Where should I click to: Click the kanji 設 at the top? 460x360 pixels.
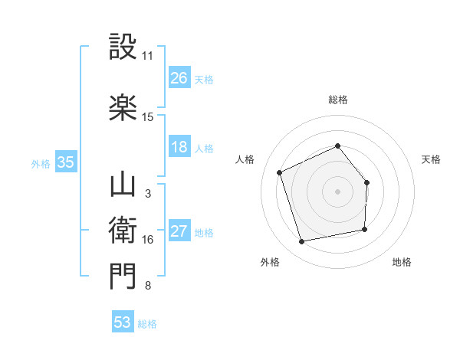[x=123, y=47]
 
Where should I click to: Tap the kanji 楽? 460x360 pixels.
[x=123, y=106]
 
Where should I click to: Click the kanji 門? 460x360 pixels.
[x=123, y=275]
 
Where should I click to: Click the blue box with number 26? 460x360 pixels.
[x=179, y=78]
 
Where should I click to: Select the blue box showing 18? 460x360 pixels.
[x=179, y=147]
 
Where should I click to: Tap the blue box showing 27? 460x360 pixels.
[x=179, y=231]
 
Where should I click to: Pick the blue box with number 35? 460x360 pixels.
[x=65, y=162]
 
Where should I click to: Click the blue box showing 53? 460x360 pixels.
[x=123, y=322]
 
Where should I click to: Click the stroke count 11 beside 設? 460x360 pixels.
[x=148, y=56]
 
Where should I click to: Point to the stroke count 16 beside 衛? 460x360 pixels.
[x=148, y=240]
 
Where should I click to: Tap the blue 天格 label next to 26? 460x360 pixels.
[x=204, y=80]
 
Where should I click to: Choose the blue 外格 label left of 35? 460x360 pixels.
[x=41, y=163]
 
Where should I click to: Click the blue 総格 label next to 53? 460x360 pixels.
[x=147, y=323]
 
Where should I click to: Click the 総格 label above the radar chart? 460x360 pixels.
[x=337, y=100]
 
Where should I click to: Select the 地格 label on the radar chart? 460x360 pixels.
[x=402, y=263]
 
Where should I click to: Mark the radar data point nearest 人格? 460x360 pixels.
[x=280, y=172]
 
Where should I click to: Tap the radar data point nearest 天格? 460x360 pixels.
[x=366, y=182]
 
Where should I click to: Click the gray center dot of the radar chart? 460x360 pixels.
[x=337, y=191]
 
